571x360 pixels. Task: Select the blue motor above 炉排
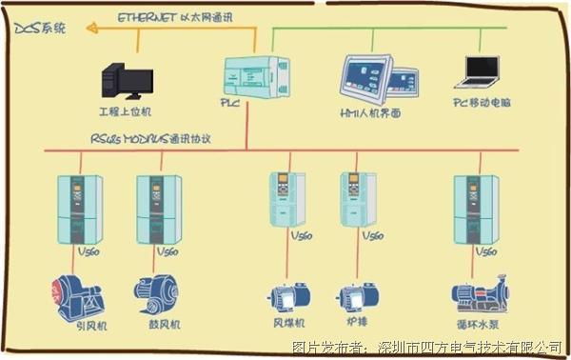click(x=355, y=296)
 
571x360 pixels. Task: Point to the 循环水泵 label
click(x=476, y=324)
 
